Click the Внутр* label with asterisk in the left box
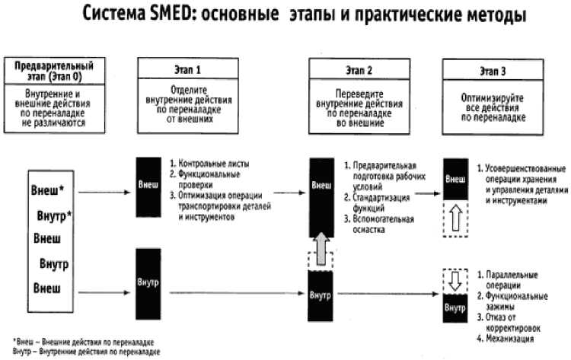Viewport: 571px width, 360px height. (x=54, y=216)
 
